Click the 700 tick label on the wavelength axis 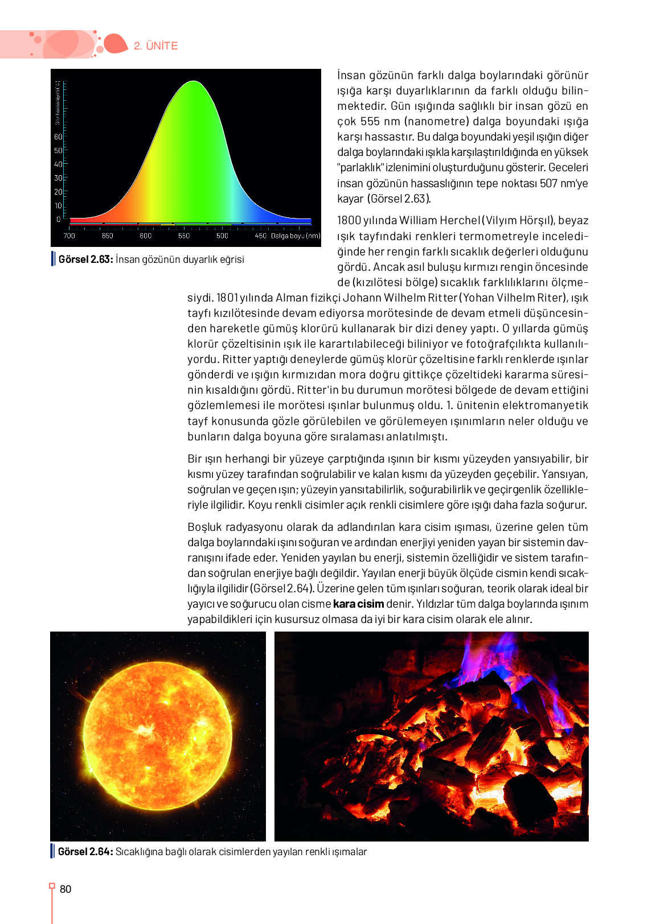(x=69, y=236)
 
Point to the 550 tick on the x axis (x=184, y=236)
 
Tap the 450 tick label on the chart (x=260, y=236)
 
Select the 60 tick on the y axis (x=58, y=137)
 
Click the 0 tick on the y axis (x=58, y=219)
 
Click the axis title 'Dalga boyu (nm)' (x=296, y=236)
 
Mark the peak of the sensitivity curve (x=194, y=81)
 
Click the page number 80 (x=65, y=889)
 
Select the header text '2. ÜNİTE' (x=156, y=46)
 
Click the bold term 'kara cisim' (x=358, y=604)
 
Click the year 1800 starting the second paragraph (x=349, y=220)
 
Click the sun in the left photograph (x=158, y=736)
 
